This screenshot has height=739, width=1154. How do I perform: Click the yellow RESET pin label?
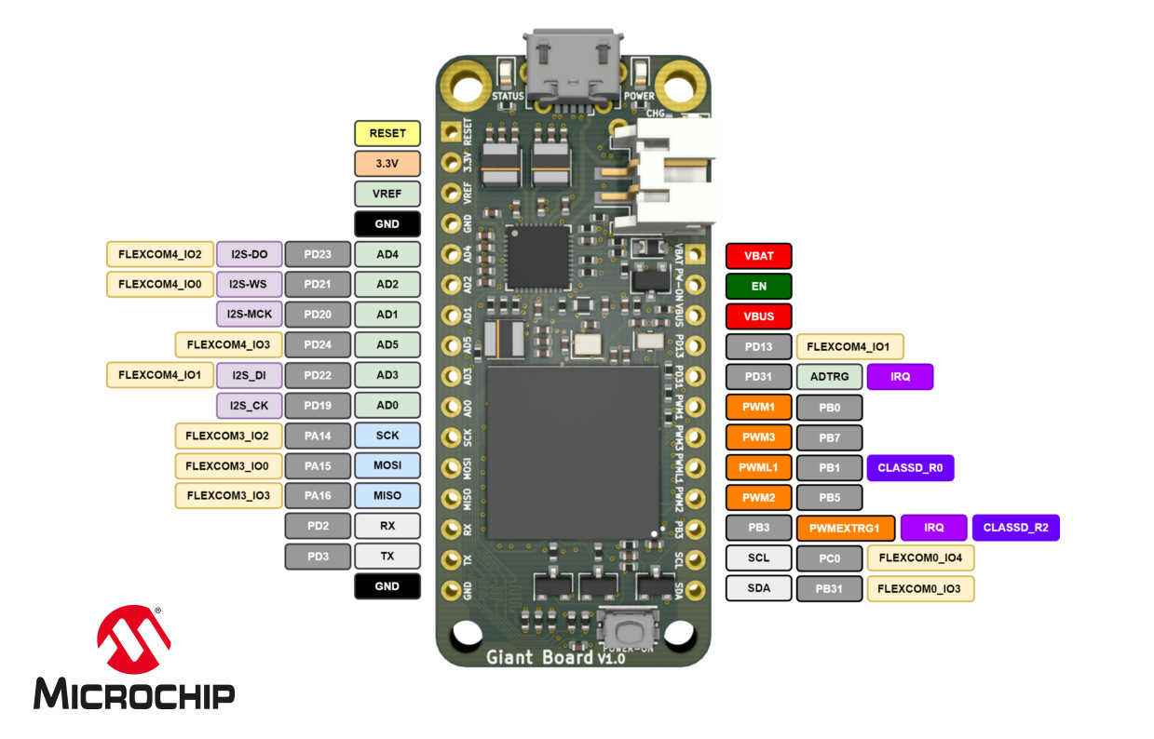click(x=387, y=133)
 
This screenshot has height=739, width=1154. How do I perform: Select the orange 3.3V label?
click(x=387, y=164)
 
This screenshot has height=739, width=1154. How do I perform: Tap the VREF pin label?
click(x=387, y=194)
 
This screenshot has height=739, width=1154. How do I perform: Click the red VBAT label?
click(x=758, y=256)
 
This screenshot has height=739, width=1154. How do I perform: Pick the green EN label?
click(x=758, y=286)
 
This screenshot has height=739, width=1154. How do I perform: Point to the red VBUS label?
click(x=758, y=316)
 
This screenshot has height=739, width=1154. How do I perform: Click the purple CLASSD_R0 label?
click(x=910, y=468)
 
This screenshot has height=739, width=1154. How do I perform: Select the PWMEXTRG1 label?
click(x=845, y=528)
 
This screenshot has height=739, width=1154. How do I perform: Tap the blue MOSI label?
click(x=387, y=465)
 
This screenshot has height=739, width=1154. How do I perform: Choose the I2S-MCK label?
click(x=250, y=315)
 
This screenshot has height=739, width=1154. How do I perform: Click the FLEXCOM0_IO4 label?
click(x=920, y=558)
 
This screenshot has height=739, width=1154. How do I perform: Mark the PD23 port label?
click(x=318, y=254)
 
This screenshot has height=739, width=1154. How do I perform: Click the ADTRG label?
click(x=829, y=377)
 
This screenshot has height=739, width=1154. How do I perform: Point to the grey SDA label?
click(x=758, y=588)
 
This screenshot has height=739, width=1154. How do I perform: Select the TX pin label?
click(x=387, y=557)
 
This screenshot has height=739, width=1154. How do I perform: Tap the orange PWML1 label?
click(x=758, y=468)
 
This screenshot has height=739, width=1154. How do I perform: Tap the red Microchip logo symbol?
click(x=135, y=640)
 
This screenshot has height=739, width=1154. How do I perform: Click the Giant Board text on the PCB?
click(x=539, y=657)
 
